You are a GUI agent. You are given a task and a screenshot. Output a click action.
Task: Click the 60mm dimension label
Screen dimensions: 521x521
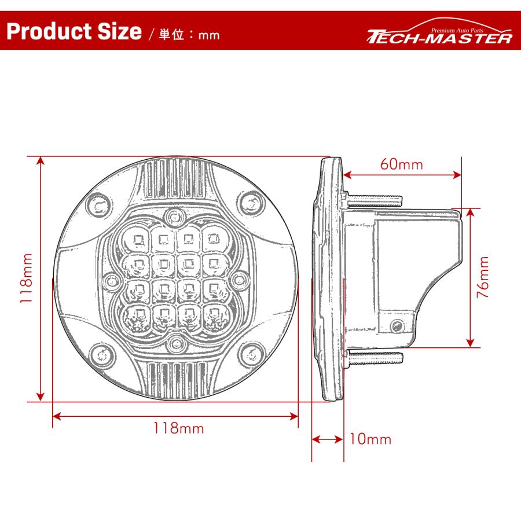tap(401, 164)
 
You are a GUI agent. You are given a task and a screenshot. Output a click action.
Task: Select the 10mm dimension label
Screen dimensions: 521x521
tap(370, 439)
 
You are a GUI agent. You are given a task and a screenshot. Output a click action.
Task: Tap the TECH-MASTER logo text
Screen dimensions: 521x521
tap(440, 38)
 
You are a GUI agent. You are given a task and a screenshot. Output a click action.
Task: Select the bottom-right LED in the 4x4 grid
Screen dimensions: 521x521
tap(215, 314)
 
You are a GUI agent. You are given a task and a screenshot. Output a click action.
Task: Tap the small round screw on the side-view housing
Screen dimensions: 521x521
tap(397, 327)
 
